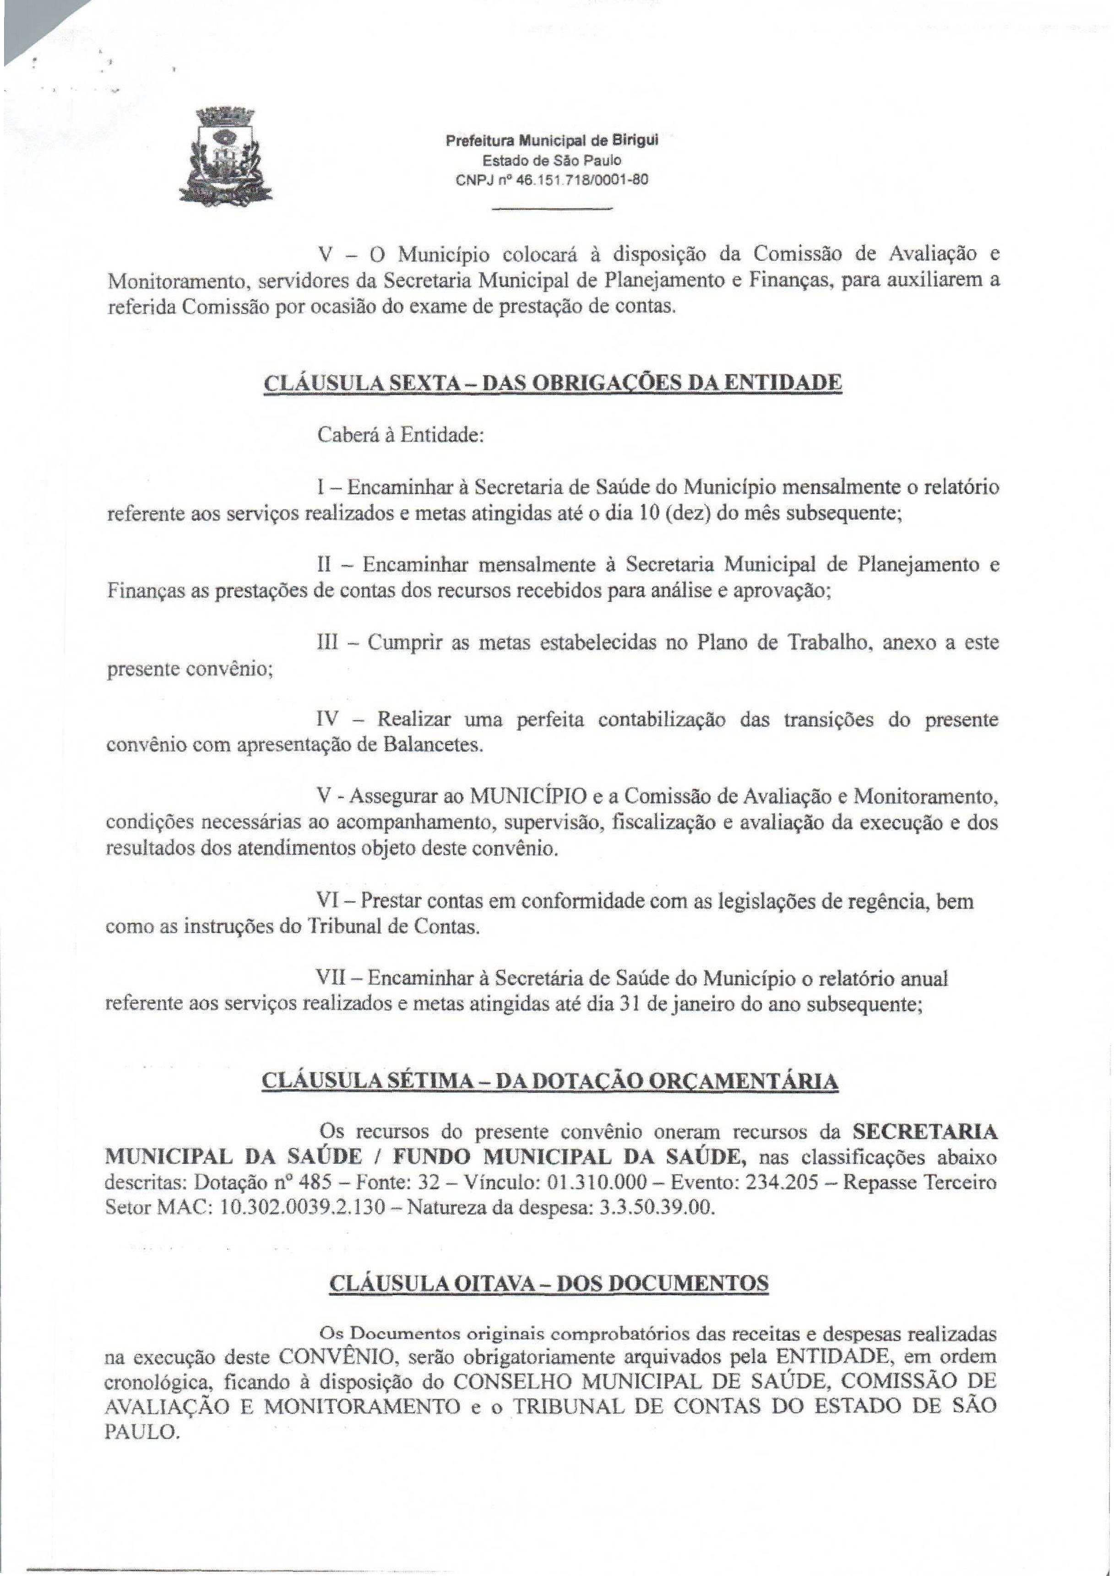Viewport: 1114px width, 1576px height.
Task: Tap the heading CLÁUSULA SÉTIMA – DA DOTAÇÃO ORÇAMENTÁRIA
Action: [550, 1080]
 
